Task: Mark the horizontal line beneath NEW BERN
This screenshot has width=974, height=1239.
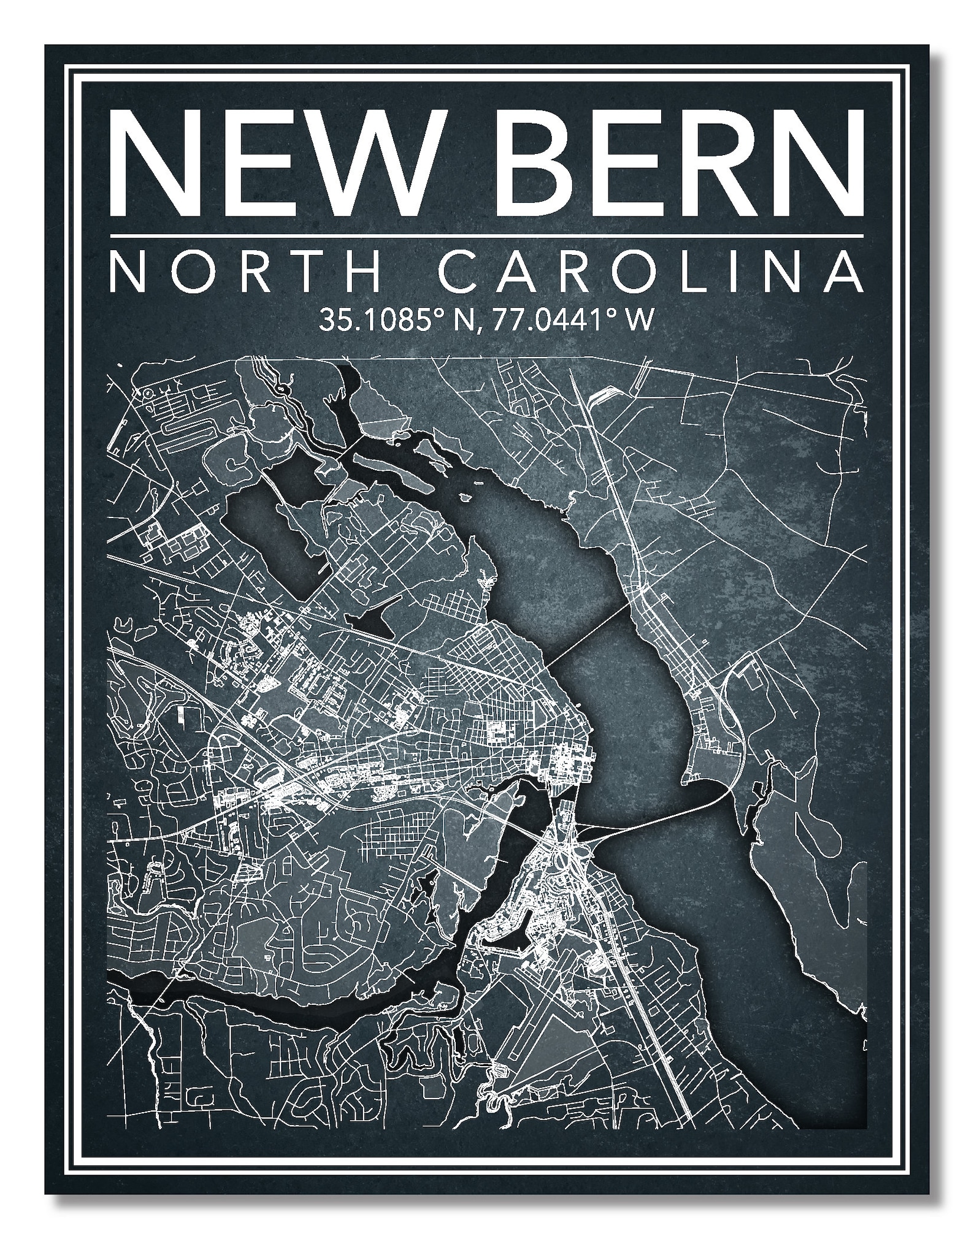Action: click(486, 235)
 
